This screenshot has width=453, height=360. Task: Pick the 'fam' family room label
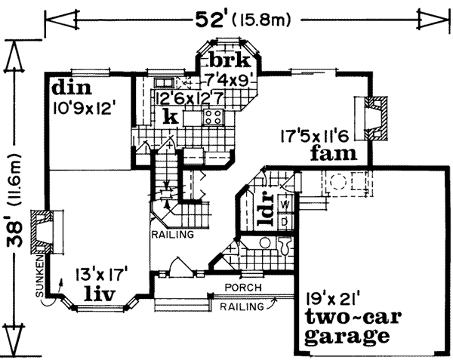[331, 155]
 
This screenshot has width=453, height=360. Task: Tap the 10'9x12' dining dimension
[83, 107]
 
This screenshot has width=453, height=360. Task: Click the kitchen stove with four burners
[213, 117]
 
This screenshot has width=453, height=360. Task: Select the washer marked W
[285, 205]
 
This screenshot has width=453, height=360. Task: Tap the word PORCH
[242, 288]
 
